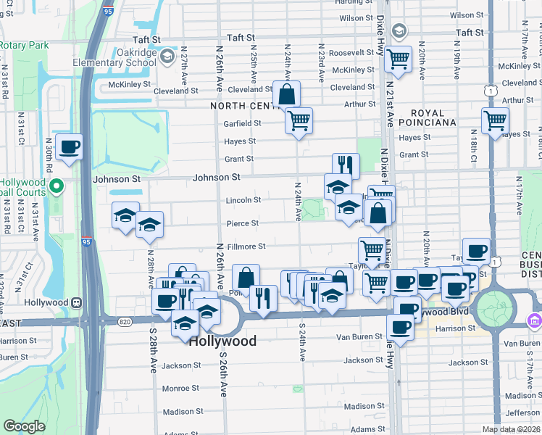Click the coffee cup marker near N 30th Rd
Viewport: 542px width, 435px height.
pos(69,147)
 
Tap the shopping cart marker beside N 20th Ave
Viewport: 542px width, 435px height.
pos(398,60)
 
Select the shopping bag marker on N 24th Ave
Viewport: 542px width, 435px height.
pos(287,94)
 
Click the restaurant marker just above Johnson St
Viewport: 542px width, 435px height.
pos(346,166)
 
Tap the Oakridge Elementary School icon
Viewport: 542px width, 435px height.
pos(167,56)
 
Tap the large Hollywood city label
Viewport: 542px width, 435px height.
pos(222,341)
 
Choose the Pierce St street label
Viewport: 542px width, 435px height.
pos(243,224)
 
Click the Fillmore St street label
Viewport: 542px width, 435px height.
pos(248,247)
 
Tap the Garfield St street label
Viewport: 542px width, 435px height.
pos(242,123)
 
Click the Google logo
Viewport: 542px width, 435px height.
pos(24,426)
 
